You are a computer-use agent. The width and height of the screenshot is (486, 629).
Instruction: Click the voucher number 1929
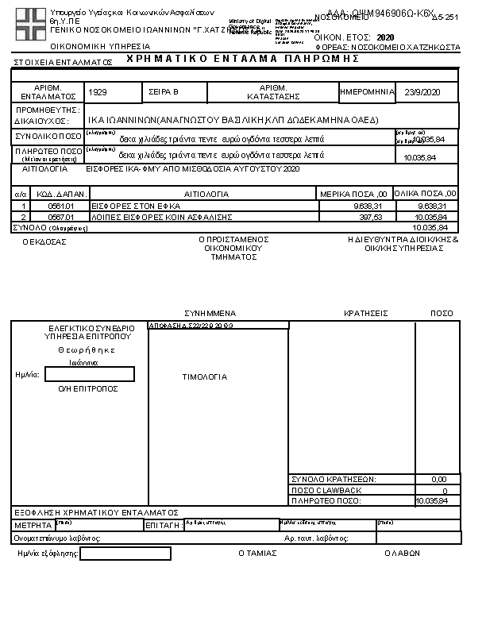[98, 93]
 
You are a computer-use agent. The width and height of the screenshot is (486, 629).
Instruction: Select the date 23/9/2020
[421, 93]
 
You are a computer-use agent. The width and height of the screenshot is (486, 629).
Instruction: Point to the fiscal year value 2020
[385, 37]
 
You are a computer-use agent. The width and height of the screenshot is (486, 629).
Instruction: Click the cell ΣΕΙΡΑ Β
[164, 93]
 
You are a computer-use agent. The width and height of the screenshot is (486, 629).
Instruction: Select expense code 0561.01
[60, 206]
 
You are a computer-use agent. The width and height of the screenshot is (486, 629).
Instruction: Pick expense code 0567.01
[60, 216]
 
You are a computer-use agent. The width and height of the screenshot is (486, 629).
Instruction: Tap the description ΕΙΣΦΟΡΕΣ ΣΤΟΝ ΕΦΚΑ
[117, 206]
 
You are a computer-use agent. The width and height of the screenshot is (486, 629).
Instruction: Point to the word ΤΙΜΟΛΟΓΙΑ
[205, 377]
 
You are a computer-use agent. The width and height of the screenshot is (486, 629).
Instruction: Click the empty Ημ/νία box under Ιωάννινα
[90, 374]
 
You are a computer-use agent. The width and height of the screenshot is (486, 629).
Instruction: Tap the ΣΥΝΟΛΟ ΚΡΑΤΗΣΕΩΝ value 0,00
[438, 480]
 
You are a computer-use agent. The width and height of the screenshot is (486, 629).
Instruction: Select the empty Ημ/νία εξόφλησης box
[125, 554]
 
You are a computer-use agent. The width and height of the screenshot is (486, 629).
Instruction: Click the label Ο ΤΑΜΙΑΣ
[257, 553]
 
